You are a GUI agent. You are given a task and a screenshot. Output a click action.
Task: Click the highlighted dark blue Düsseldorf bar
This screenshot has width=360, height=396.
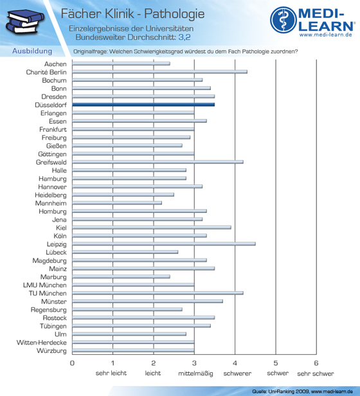143,105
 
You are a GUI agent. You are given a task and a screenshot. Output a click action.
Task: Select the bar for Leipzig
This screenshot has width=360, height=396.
164,244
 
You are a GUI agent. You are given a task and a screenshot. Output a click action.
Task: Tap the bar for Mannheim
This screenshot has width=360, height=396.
117,203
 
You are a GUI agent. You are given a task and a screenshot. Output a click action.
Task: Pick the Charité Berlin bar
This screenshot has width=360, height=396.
159,72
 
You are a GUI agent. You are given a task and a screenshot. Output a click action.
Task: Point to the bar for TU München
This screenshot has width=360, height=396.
157,293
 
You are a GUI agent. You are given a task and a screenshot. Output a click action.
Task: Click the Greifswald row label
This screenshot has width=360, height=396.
51,162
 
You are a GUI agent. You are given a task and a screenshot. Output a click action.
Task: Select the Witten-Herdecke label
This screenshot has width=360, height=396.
42,343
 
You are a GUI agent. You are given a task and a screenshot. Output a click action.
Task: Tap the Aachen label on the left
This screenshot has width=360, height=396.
55,64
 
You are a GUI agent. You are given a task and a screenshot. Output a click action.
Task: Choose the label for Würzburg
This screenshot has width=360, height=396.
51,351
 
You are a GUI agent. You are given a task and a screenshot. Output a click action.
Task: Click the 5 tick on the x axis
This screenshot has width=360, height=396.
276,363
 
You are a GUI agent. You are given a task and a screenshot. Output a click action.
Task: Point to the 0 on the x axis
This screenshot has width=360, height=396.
72,363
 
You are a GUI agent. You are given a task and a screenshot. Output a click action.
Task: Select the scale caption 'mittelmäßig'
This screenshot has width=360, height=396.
195,373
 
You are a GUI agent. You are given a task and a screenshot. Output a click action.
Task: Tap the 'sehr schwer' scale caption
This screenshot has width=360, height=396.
316,373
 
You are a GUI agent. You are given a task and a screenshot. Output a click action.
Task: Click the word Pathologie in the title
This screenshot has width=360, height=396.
174,14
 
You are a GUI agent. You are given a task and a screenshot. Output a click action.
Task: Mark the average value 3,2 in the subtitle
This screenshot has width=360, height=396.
184,37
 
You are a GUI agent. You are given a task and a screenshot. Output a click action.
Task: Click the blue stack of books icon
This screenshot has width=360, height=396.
25,21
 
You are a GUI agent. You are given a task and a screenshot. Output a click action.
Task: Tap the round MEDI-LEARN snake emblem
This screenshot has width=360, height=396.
283,20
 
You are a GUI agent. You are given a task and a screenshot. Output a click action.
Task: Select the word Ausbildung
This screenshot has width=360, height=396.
32,51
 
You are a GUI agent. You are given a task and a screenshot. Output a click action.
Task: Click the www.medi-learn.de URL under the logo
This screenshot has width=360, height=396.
326,35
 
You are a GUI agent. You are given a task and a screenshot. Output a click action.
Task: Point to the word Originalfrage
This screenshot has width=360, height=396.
90,51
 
